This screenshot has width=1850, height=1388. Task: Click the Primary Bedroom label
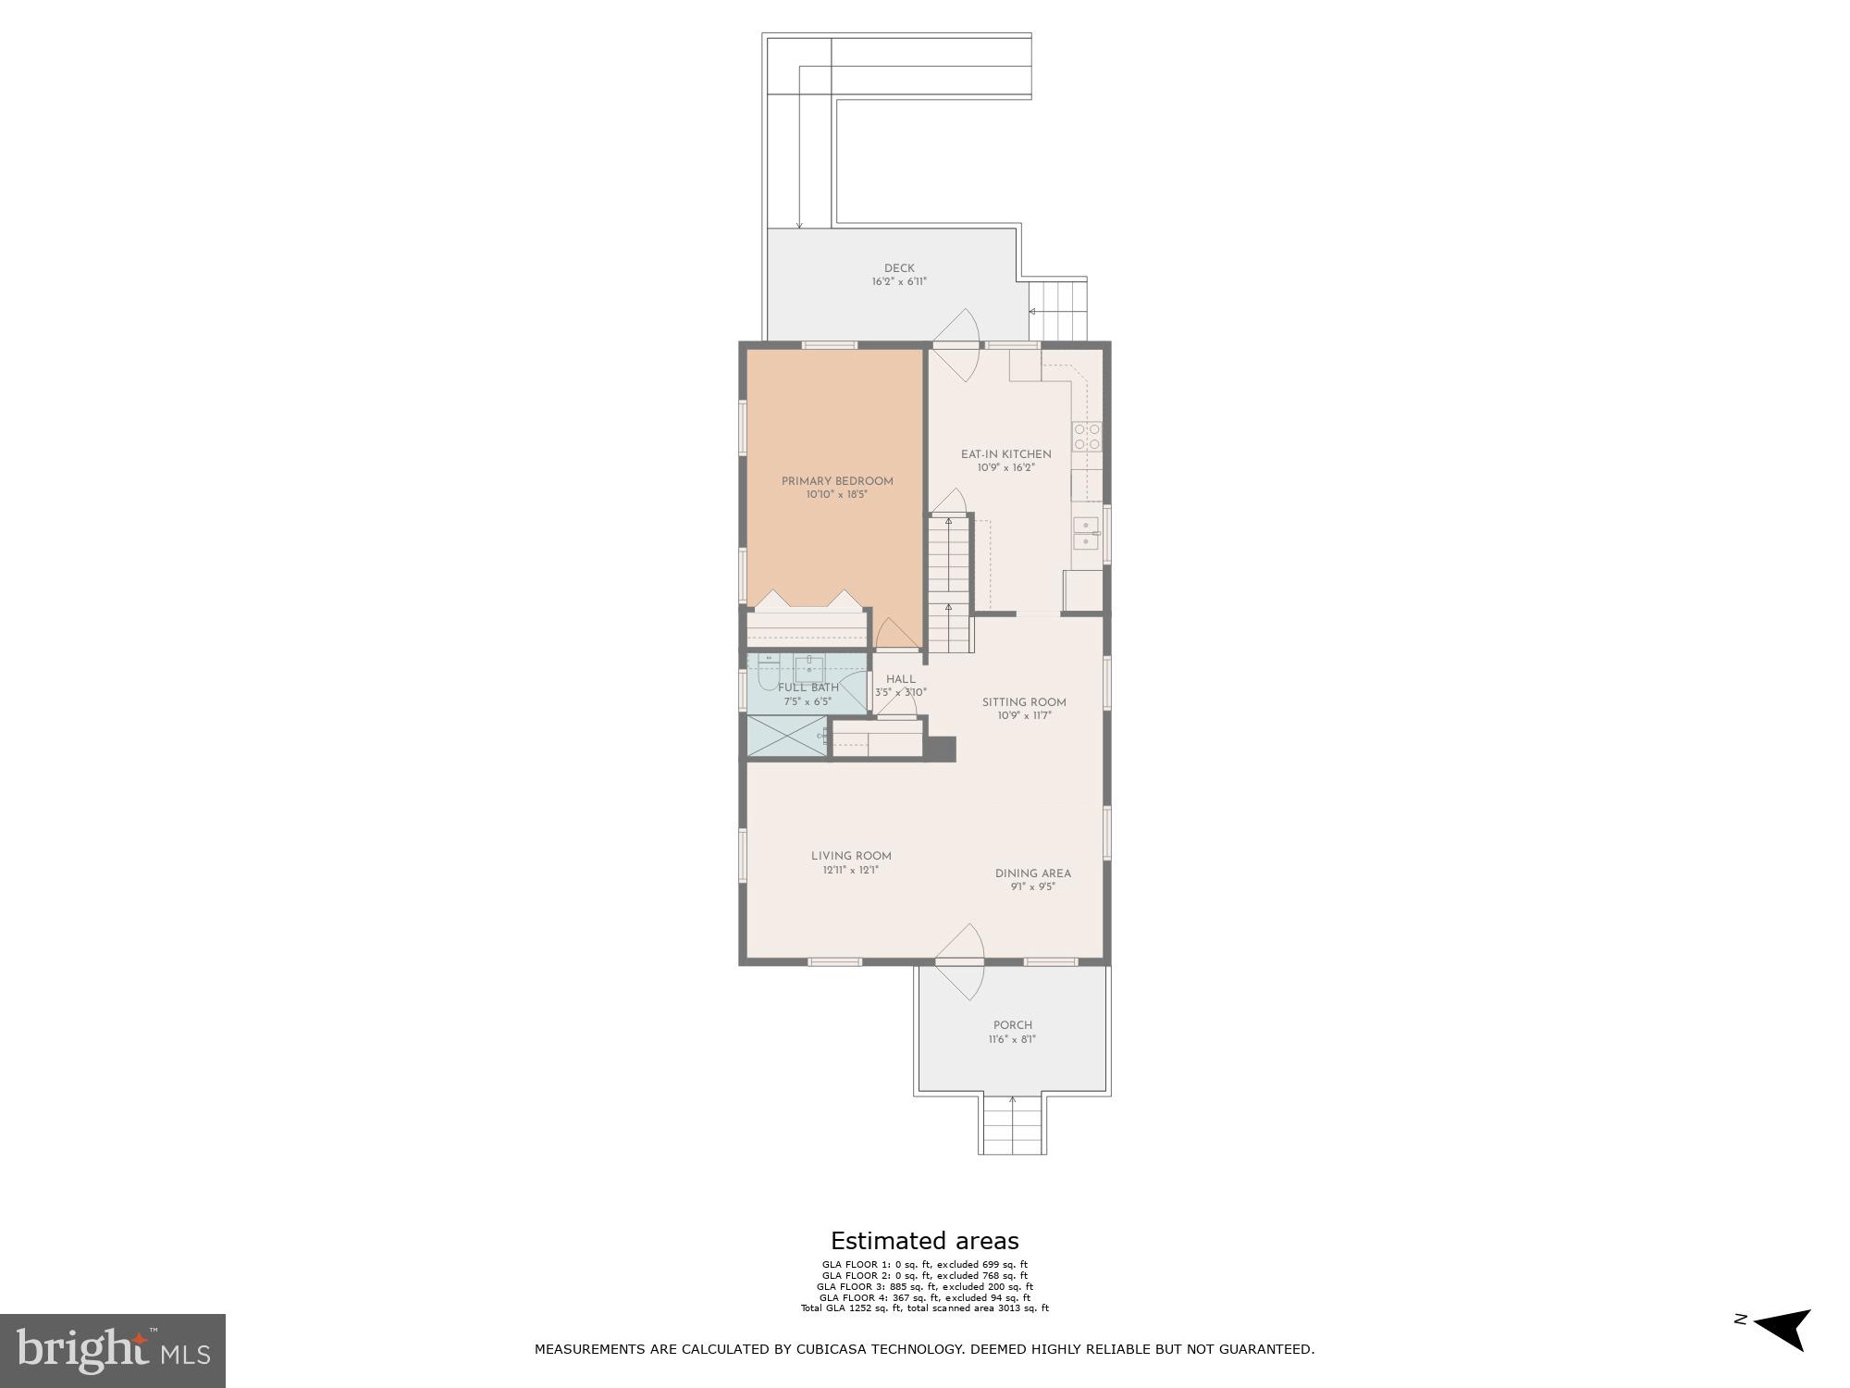837,481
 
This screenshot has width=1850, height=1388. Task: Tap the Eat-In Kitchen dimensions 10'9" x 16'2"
1005,468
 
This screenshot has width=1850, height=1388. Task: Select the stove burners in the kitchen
1086,437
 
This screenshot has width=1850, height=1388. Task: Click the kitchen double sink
1086,534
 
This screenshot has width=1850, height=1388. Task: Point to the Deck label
898,268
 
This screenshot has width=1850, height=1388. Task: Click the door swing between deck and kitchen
960,344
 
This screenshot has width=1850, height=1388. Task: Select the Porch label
1012,1025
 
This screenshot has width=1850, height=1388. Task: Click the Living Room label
851,856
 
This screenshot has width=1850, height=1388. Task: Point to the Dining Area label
1032,874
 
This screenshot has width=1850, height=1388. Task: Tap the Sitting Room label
1024,702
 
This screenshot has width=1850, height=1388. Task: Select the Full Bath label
808,688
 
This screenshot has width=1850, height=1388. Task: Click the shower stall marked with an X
786,737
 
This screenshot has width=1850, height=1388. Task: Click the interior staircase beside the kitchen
950,583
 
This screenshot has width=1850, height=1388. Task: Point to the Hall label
900,679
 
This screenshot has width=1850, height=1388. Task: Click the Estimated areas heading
924,1241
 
